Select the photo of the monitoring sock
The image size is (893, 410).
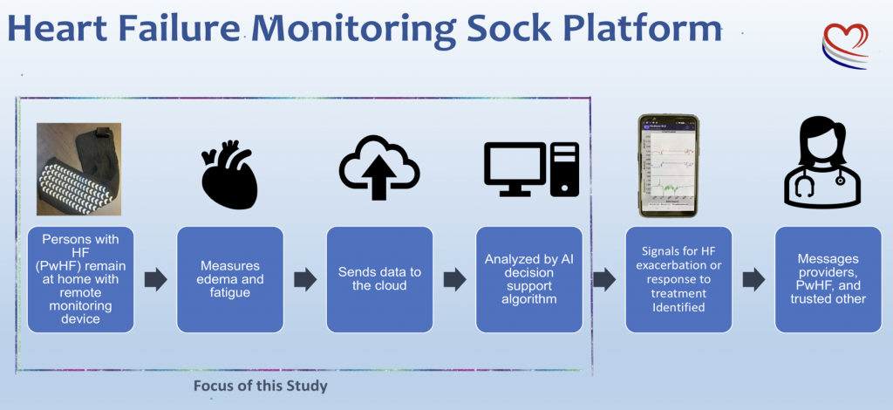[78, 168]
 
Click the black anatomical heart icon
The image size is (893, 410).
[228, 172]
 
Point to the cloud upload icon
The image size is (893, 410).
[378, 168]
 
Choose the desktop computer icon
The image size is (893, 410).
[530, 168]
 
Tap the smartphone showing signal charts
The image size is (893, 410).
[668, 166]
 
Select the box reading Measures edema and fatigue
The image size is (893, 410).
[230, 279]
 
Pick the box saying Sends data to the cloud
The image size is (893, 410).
[379, 279]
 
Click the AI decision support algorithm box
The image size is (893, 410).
[529, 279]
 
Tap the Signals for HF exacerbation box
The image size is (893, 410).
[678, 279]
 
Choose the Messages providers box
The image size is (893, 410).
[828, 279]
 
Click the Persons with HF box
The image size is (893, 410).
[81, 279]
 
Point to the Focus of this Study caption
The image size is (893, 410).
[260, 385]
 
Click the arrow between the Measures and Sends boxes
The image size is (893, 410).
[305, 280]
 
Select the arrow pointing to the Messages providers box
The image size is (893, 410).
[753, 280]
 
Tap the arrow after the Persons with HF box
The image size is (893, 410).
[155, 280]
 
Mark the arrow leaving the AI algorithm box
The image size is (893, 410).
[603, 280]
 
